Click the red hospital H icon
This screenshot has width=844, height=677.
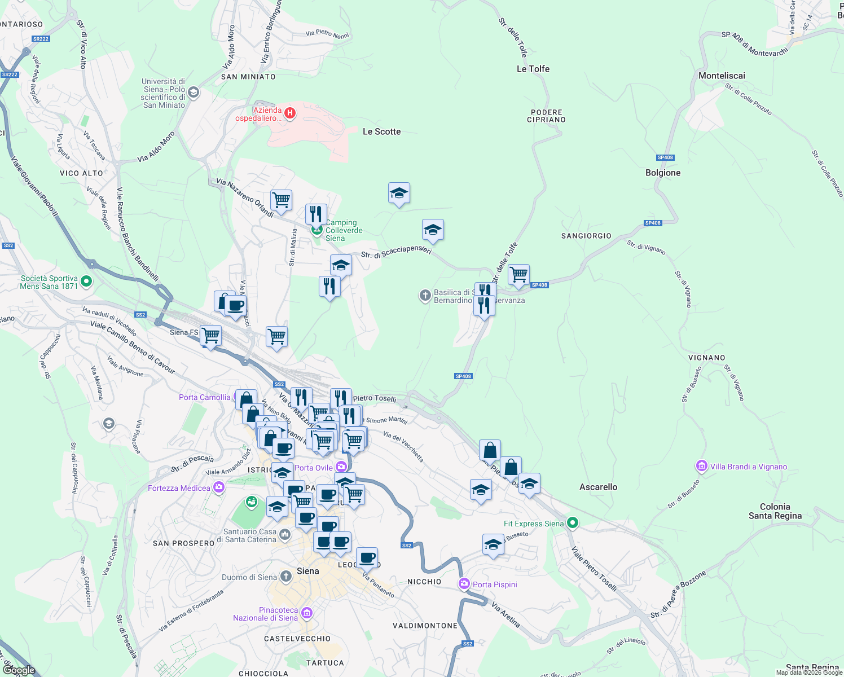point(290,113)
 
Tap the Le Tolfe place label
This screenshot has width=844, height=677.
point(533,69)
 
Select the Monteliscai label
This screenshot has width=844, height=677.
point(722,76)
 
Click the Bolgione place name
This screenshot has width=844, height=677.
point(663,173)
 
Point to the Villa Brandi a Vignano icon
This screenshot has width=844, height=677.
point(702,467)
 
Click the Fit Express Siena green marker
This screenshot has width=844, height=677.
point(573,523)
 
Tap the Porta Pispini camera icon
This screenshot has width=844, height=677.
point(464,584)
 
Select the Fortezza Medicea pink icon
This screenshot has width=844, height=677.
point(218,488)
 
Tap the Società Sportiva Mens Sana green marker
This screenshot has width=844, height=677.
point(86,281)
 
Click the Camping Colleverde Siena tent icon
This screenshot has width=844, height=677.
point(316,230)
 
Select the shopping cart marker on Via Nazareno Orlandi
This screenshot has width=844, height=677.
point(281,200)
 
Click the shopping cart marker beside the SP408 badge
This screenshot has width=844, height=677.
point(518,275)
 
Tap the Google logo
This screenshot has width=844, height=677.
point(19,670)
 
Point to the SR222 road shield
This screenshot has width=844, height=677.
point(41,39)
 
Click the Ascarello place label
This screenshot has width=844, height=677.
point(598,487)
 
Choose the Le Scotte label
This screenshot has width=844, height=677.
point(381,131)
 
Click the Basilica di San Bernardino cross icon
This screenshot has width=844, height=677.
point(425,296)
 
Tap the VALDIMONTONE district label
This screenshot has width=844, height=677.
point(425,626)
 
